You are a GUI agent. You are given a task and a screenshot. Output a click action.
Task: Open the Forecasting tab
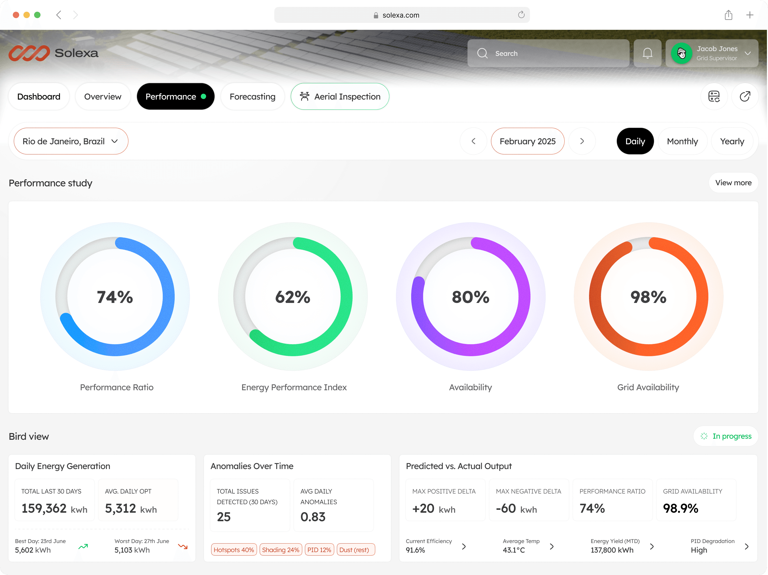pos(252,96)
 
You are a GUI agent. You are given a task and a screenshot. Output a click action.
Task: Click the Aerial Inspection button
pos(340,96)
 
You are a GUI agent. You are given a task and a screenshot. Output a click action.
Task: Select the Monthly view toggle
pos(682,141)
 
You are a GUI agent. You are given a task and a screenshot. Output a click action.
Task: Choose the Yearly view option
pos(732,141)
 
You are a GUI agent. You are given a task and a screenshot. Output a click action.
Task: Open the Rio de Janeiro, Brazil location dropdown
pos(71,141)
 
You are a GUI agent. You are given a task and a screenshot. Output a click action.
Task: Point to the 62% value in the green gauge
pos(293,297)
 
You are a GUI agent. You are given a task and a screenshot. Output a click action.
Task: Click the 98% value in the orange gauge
pos(648,297)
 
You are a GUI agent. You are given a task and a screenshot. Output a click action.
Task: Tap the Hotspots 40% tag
pos(234,550)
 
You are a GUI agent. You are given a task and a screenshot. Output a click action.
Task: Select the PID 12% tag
pos(319,550)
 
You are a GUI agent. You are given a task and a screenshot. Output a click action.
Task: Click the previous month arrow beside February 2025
pos(473,141)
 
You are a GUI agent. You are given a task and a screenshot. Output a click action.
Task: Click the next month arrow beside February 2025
pos(582,141)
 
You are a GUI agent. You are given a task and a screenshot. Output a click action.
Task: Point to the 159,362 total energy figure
pos(44,508)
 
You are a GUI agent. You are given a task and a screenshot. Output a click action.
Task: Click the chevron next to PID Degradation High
pos(746,547)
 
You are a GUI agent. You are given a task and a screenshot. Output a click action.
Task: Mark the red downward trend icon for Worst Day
pos(183,547)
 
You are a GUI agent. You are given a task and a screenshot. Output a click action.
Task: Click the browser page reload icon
pos(521,15)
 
